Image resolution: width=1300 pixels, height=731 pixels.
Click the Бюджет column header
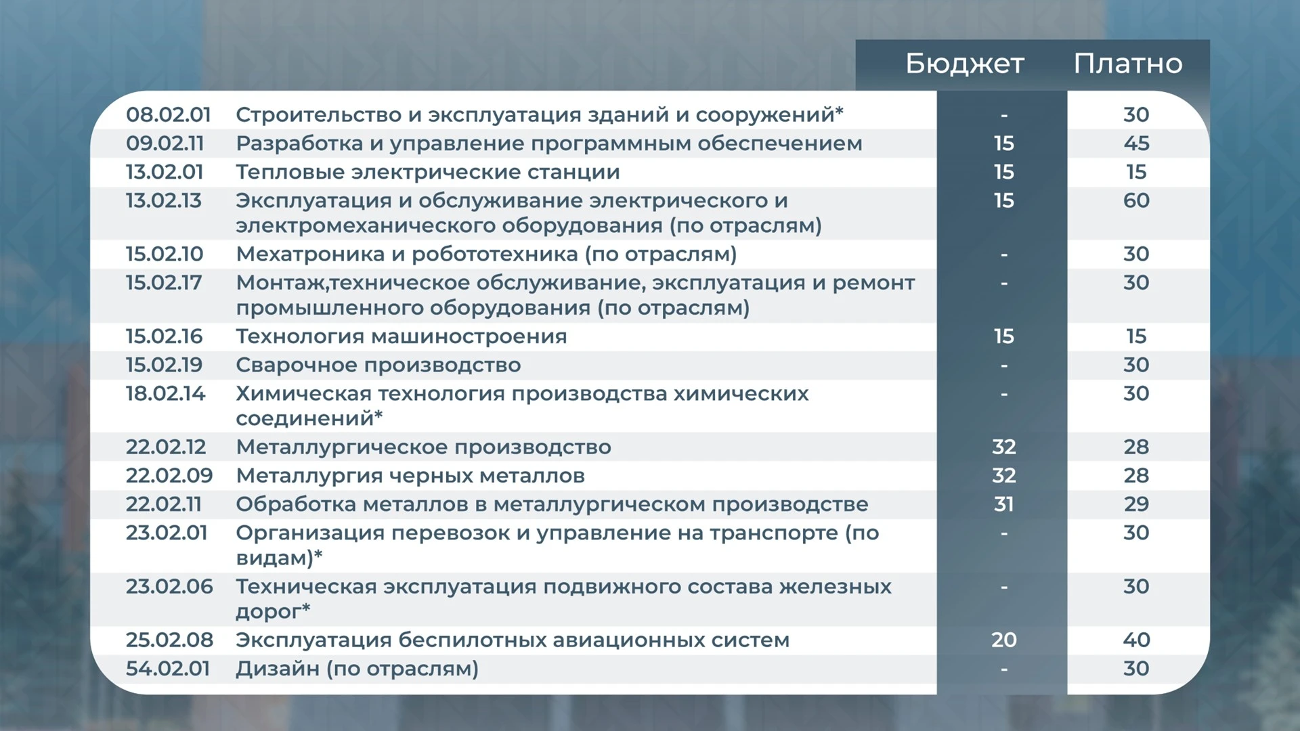pos(965,64)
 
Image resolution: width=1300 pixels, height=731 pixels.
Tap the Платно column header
pos(1128,64)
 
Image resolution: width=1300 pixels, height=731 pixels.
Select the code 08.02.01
pos(169,115)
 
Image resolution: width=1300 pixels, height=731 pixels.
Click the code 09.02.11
pos(165,143)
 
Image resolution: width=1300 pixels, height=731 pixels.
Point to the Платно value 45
pos(1136,143)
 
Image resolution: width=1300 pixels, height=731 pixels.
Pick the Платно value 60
pos(1136,200)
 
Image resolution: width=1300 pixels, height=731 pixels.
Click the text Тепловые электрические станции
pos(428,172)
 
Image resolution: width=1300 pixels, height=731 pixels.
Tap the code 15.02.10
pos(165,254)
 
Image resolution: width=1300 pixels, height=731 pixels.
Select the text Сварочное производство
pos(378,365)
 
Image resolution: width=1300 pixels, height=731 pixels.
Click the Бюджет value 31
pos(1004,504)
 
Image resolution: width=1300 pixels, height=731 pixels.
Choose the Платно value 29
pos(1136,504)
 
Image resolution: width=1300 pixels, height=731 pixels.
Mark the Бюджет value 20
pos(1004,640)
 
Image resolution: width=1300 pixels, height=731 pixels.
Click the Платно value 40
pos(1136,640)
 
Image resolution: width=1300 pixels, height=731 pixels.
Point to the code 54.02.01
pos(168,669)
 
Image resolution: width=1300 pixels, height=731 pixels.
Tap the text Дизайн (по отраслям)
pos(357,669)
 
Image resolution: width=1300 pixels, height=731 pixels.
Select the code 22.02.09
pos(169,476)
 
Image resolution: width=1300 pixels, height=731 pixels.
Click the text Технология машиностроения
pos(402,337)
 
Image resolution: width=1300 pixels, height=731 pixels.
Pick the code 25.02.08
pos(169,640)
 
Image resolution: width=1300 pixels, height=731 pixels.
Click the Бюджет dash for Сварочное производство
pos(1004,366)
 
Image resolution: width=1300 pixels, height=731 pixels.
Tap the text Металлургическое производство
pos(424,447)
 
